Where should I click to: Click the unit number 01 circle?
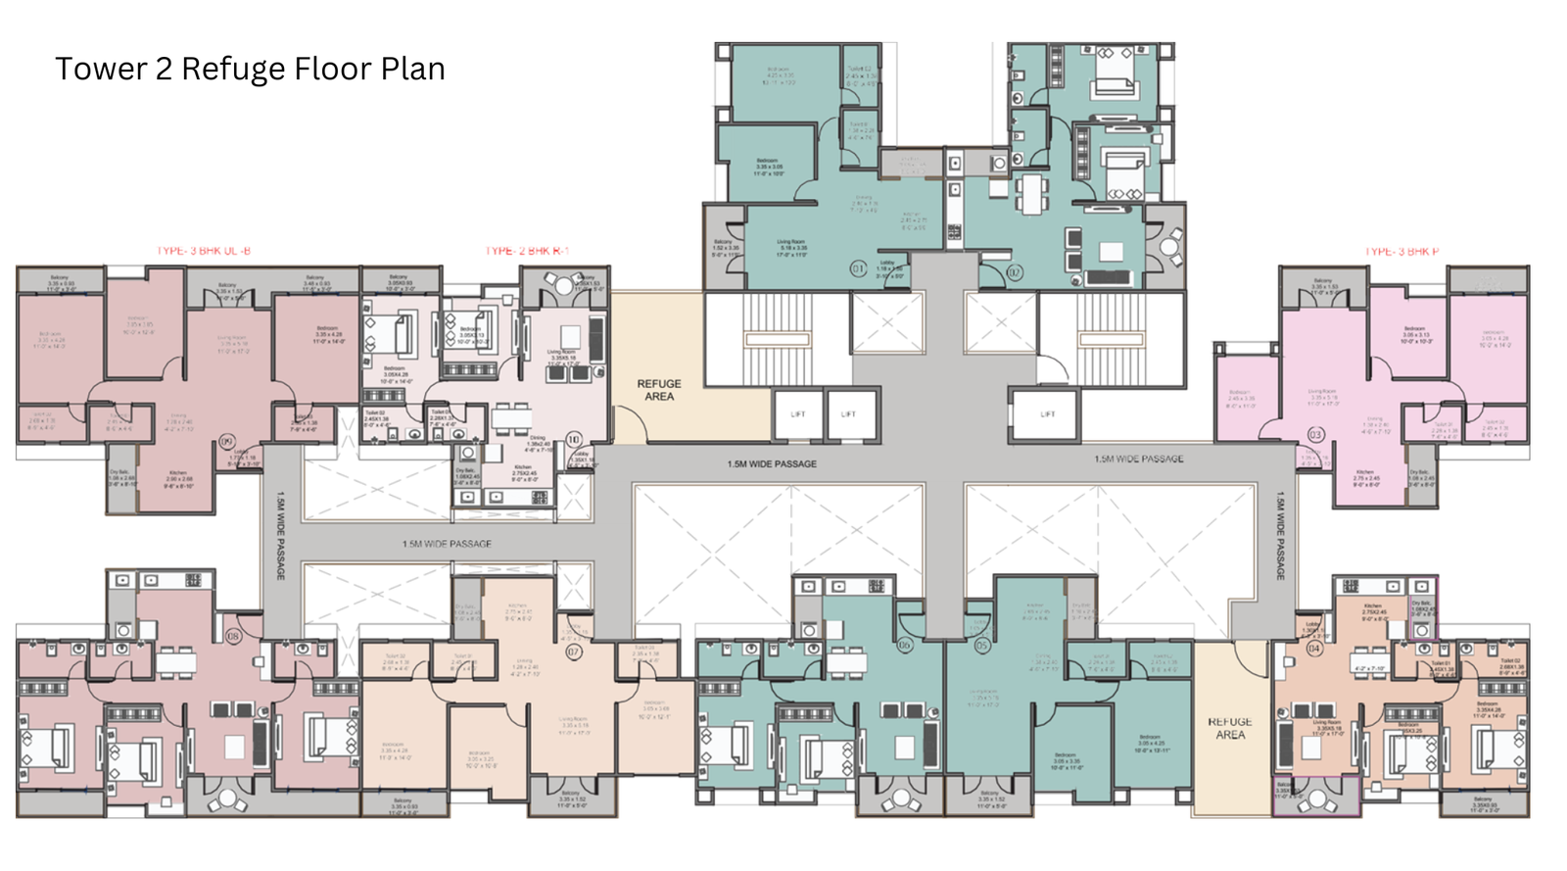point(858,268)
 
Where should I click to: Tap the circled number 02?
point(1015,272)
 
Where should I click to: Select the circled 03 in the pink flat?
point(1315,434)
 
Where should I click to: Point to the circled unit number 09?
point(227,442)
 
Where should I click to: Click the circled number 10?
point(574,440)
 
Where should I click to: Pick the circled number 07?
point(574,652)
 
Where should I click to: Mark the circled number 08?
point(233,636)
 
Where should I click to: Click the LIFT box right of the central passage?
point(1047,414)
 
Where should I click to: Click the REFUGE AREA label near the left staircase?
point(658,390)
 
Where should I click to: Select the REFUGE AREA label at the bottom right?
point(1230,728)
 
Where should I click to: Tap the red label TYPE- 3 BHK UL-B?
point(204,252)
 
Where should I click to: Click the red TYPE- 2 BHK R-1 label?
point(527,252)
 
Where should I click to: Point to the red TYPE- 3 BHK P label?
point(1401,252)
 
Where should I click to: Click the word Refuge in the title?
point(233,70)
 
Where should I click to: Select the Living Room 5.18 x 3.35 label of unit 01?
point(792,247)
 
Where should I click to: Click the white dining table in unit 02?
point(1031,193)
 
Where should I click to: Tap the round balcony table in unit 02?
point(1169,246)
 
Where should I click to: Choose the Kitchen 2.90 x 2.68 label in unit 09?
point(177,478)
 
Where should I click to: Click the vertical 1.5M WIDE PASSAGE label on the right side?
point(1280,537)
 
